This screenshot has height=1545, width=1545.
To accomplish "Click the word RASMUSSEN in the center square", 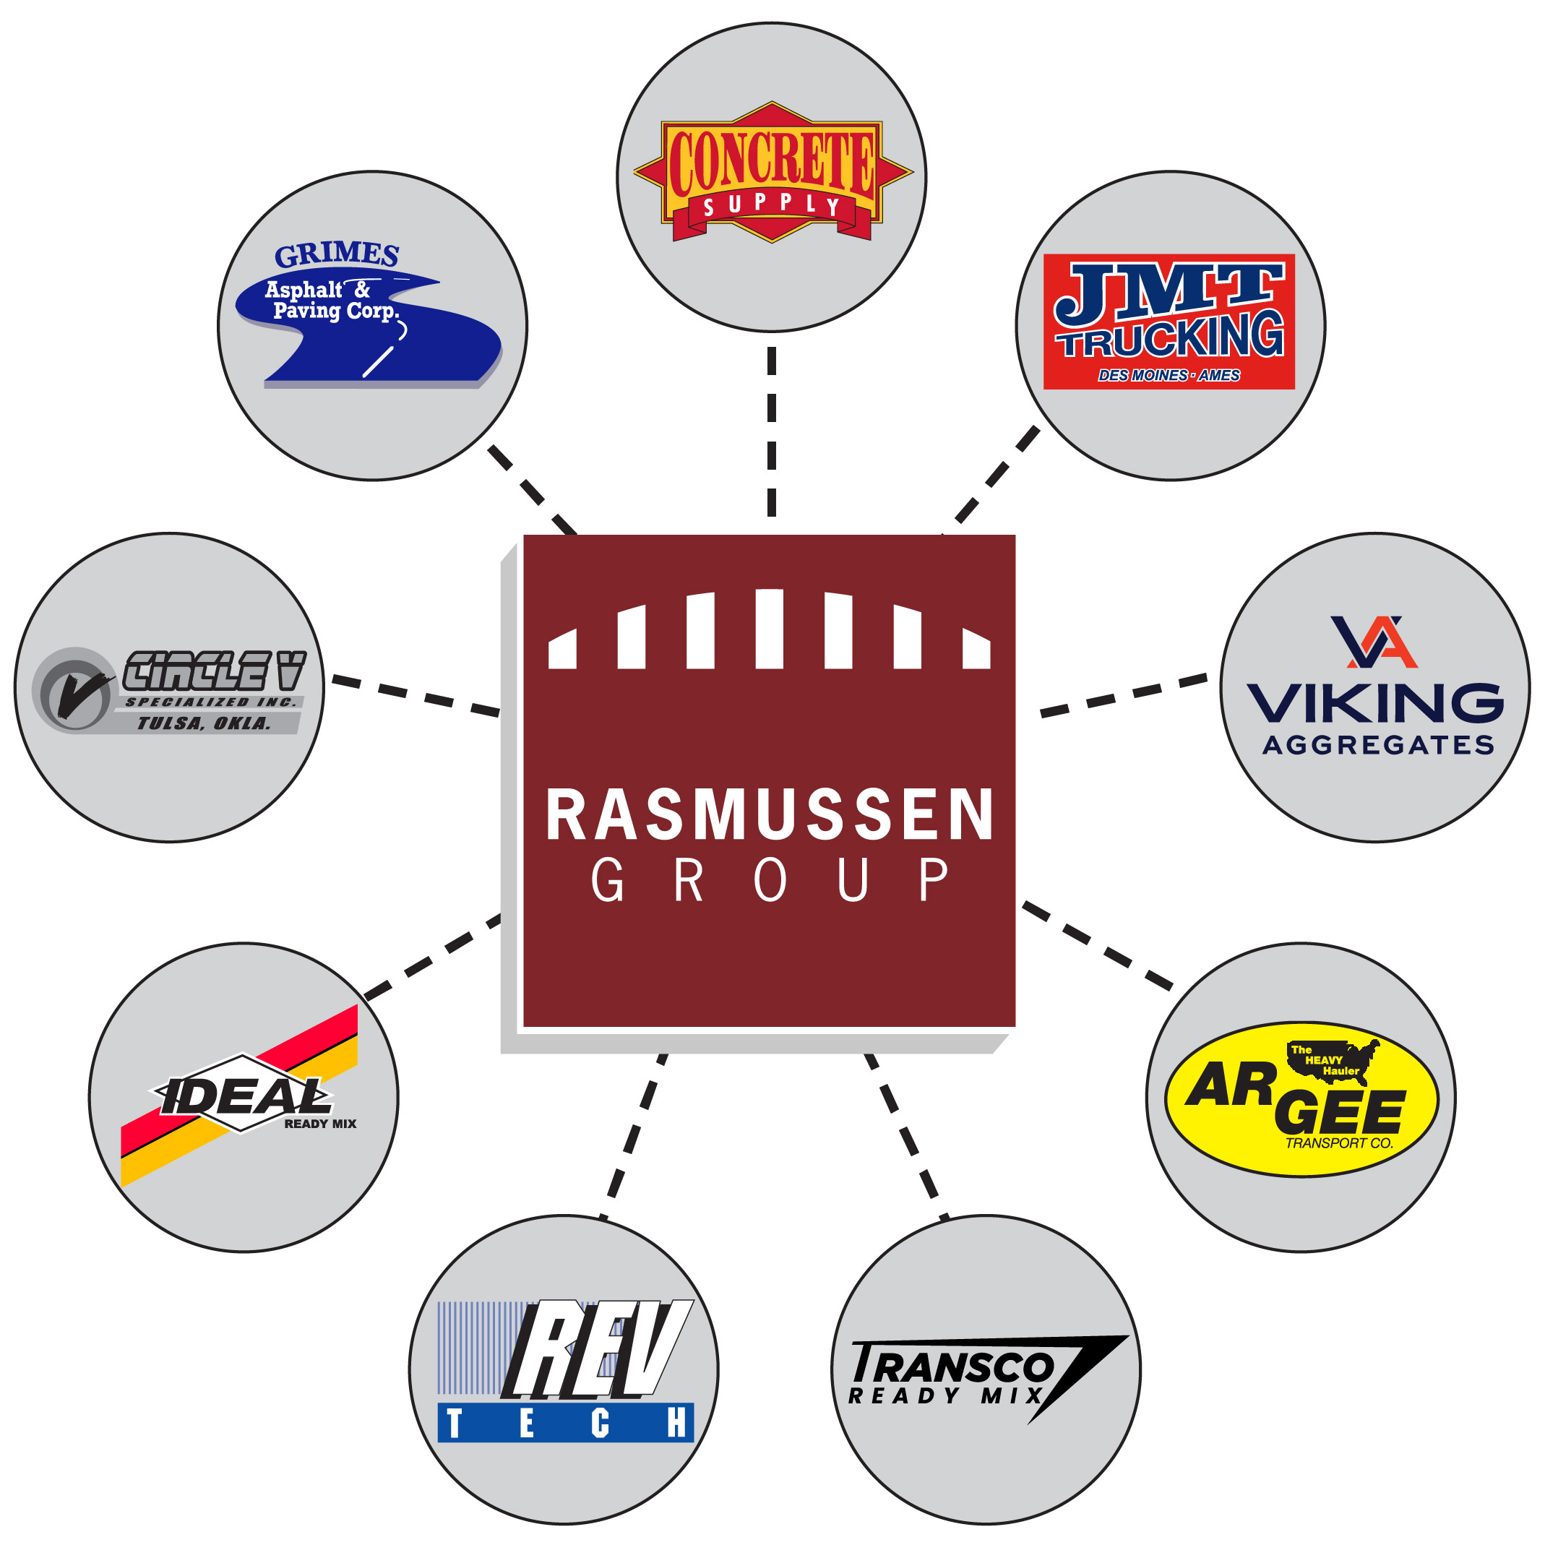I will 770,814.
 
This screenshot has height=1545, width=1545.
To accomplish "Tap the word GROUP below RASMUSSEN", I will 770,879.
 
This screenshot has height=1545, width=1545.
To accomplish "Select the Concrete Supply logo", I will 772,172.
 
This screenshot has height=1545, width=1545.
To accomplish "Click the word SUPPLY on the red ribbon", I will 772,205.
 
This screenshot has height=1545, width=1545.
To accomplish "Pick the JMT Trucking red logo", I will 1169,322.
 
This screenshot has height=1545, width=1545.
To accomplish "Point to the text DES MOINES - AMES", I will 1169,375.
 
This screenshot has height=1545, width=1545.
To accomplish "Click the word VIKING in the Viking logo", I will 1374,703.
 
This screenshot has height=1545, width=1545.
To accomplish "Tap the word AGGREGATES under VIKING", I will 1378,745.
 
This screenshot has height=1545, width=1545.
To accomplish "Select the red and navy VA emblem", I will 1374,642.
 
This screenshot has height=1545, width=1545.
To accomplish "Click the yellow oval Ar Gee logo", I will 1301,1100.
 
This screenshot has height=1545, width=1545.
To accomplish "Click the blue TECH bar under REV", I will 565,1424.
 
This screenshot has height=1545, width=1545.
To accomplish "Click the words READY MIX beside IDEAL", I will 320,1124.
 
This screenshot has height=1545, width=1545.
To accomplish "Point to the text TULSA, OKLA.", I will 204,723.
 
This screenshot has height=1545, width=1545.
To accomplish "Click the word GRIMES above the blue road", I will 337,254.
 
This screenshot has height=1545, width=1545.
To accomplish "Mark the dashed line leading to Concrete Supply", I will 772,432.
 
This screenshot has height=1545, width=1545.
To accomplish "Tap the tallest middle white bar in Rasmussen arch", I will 770,629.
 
